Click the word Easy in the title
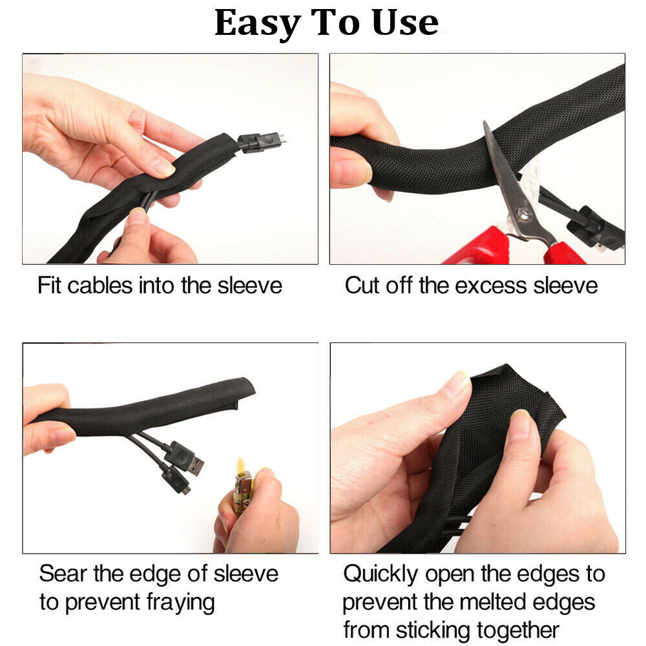(258, 24)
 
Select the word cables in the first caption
(99, 285)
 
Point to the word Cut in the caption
(362, 285)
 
